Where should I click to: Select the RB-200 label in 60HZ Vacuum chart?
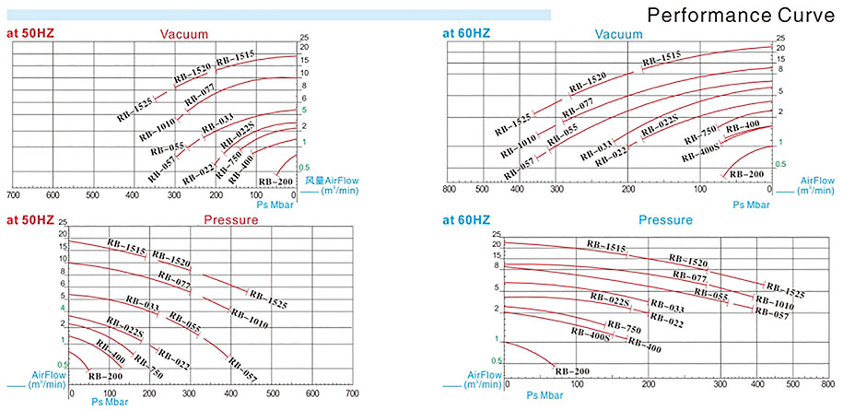[x=746, y=173]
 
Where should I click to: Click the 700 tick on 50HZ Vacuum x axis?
[x=13, y=195]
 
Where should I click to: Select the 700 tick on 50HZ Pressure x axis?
[x=352, y=393]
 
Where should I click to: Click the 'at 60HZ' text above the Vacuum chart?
[x=466, y=34]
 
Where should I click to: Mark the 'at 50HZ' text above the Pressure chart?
[x=31, y=221]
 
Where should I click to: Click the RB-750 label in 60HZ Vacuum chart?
[x=700, y=135]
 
